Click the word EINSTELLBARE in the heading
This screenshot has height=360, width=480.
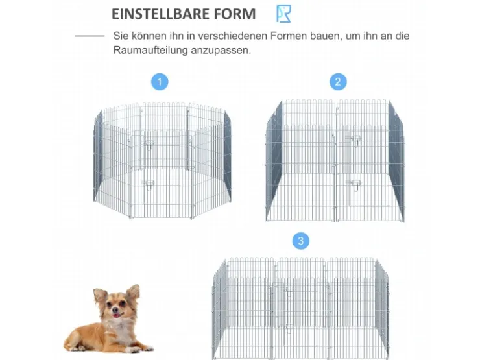(x=160, y=14)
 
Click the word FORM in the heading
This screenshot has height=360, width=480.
(x=235, y=14)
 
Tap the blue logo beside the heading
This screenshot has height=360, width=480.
(x=283, y=14)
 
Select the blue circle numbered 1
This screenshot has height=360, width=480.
(x=160, y=82)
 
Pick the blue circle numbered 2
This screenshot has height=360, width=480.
(x=338, y=82)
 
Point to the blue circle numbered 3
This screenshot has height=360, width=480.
(x=301, y=241)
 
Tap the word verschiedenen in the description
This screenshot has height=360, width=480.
(x=233, y=36)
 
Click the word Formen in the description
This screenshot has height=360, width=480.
(x=289, y=36)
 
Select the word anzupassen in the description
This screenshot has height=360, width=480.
(x=220, y=51)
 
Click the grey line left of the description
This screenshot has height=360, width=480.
(x=90, y=36)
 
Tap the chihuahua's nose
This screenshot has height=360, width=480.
(x=116, y=310)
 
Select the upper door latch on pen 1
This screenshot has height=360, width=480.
(x=149, y=144)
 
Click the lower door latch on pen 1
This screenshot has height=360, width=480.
(x=149, y=184)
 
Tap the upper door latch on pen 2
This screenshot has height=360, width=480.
(x=355, y=141)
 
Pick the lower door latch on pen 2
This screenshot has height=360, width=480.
(x=355, y=184)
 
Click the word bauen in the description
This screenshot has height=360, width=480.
(x=325, y=36)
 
